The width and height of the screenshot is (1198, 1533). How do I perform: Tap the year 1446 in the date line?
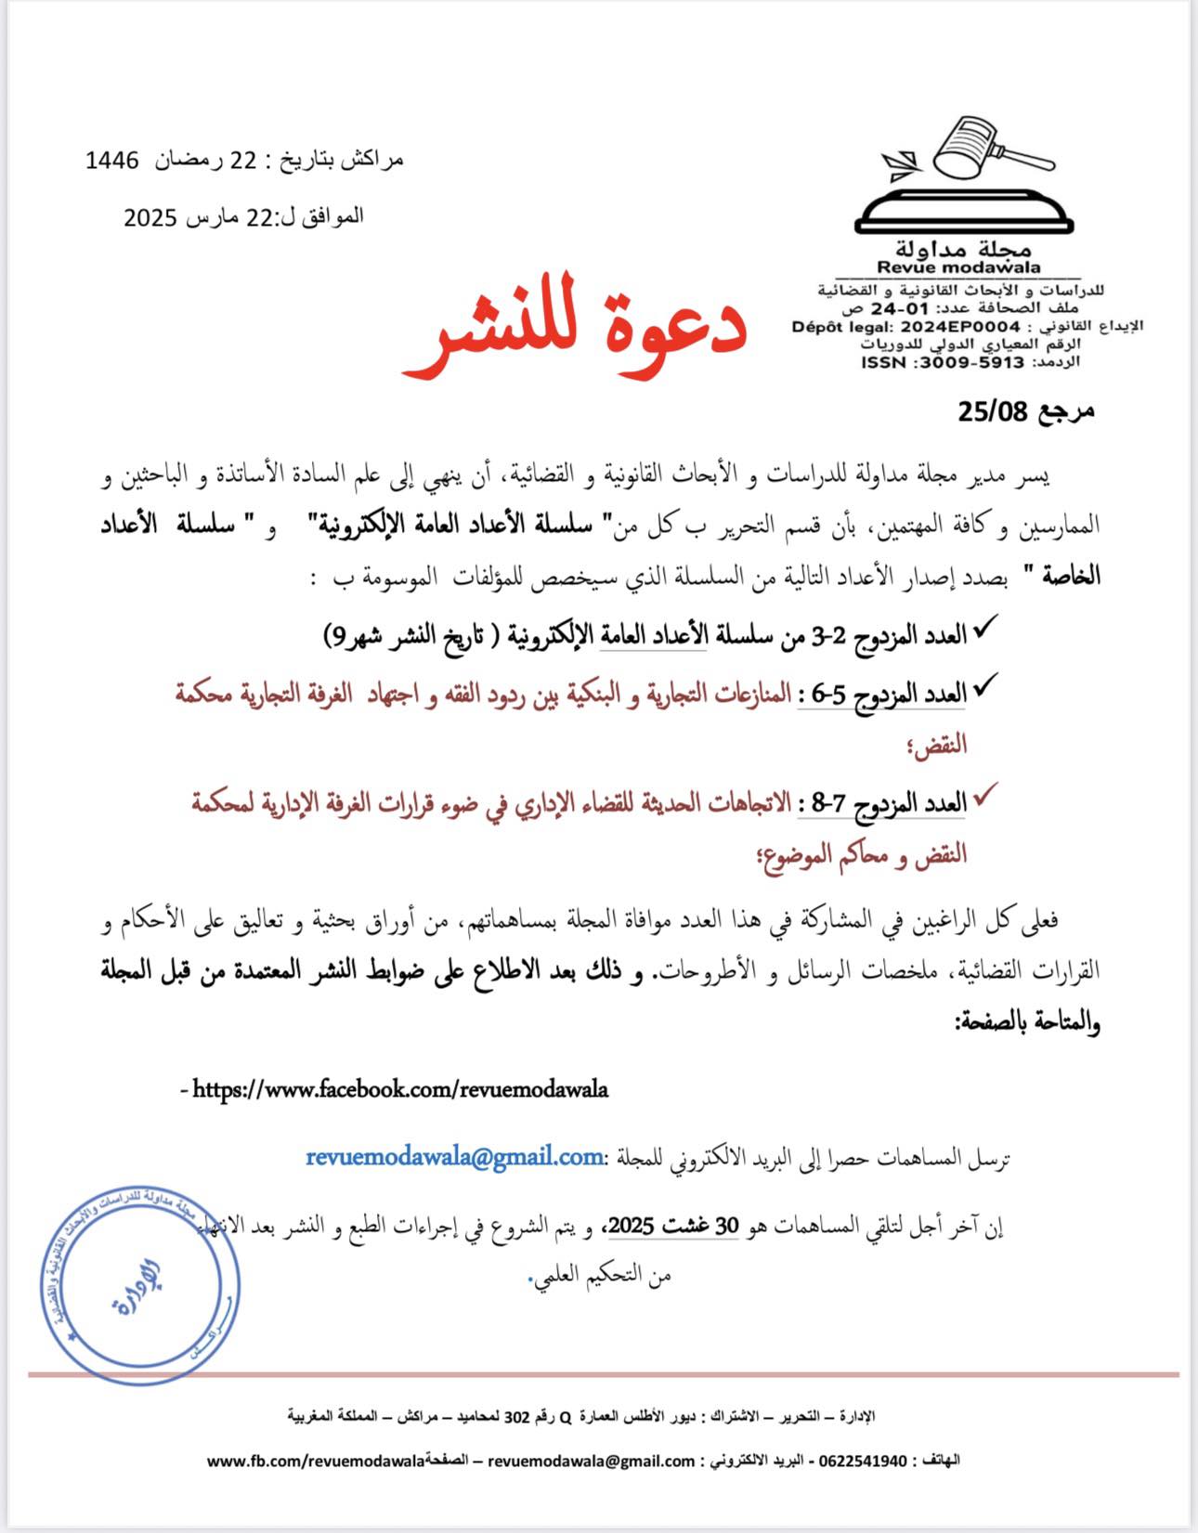pos(111,161)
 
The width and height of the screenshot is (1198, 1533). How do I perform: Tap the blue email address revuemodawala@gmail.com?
pos(454,1157)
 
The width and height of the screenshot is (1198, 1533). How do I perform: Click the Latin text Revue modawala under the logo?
pos(958,267)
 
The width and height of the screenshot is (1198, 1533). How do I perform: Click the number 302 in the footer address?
pos(516,1416)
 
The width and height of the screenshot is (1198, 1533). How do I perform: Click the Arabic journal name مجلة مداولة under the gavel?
pos(963,248)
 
